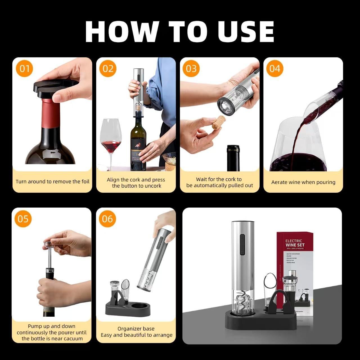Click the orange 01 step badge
(24, 69)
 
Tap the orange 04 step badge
(275, 69)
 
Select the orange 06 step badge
(107, 219)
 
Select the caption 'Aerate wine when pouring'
(303, 182)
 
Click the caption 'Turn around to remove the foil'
(53, 182)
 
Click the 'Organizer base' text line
(136, 328)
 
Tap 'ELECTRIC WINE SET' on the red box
(295, 243)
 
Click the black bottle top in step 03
(233, 157)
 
